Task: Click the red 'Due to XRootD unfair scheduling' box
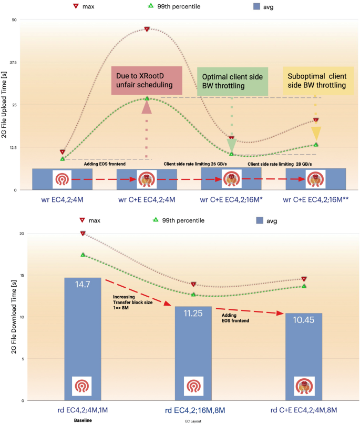(147, 80)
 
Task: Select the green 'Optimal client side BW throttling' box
(232, 80)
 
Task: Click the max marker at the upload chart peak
(147, 29)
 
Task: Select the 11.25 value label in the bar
(193, 314)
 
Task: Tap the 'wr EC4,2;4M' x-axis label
(63, 200)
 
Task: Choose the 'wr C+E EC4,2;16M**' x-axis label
(316, 200)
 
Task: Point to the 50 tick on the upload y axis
(14, 20)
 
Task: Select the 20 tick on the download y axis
(14, 233)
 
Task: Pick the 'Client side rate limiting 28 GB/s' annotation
(279, 164)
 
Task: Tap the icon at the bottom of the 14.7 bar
(82, 386)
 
